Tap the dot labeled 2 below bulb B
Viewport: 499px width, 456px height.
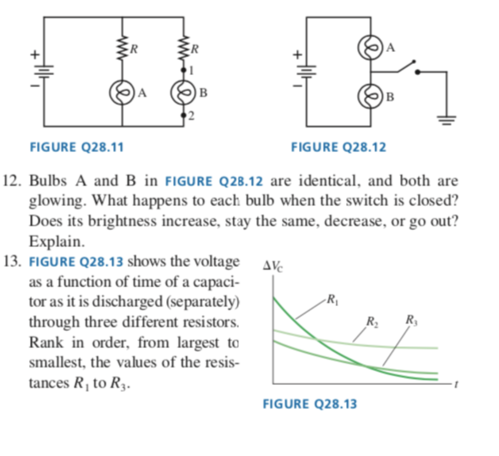tap(183, 115)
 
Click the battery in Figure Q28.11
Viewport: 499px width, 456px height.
tap(44, 71)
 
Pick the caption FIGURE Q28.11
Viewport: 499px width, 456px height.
tap(76, 147)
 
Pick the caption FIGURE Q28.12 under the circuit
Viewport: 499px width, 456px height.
tap(339, 147)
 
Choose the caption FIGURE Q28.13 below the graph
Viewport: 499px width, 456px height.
tap(309, 404)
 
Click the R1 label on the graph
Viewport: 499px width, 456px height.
tap(333, 300)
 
